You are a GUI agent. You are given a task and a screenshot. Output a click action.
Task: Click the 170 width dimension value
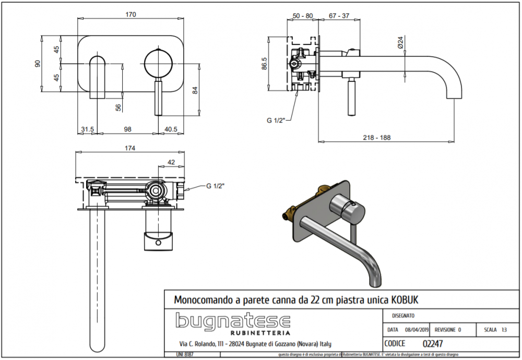[x=130, y=15]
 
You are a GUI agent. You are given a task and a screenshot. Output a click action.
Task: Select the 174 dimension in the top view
[x=130, y=148]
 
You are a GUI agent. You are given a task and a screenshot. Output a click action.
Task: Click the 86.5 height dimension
[x=265, y=63]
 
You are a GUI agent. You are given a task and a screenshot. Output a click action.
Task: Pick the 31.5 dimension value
[x=87, y=128]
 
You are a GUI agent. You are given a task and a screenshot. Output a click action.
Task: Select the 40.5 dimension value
[x=171, y=128]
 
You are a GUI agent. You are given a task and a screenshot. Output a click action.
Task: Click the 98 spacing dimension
[x=128, y=128]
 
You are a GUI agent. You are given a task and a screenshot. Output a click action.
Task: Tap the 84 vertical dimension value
[x=196, y=89]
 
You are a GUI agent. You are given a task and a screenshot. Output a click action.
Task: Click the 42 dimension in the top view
[x=171, y=162]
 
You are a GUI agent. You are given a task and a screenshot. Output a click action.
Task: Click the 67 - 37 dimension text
[x=339, y=16]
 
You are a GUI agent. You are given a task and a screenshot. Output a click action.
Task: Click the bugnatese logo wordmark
[x=232, y=321]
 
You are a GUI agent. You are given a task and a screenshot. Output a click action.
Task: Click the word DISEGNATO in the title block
[x=403, y=316]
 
